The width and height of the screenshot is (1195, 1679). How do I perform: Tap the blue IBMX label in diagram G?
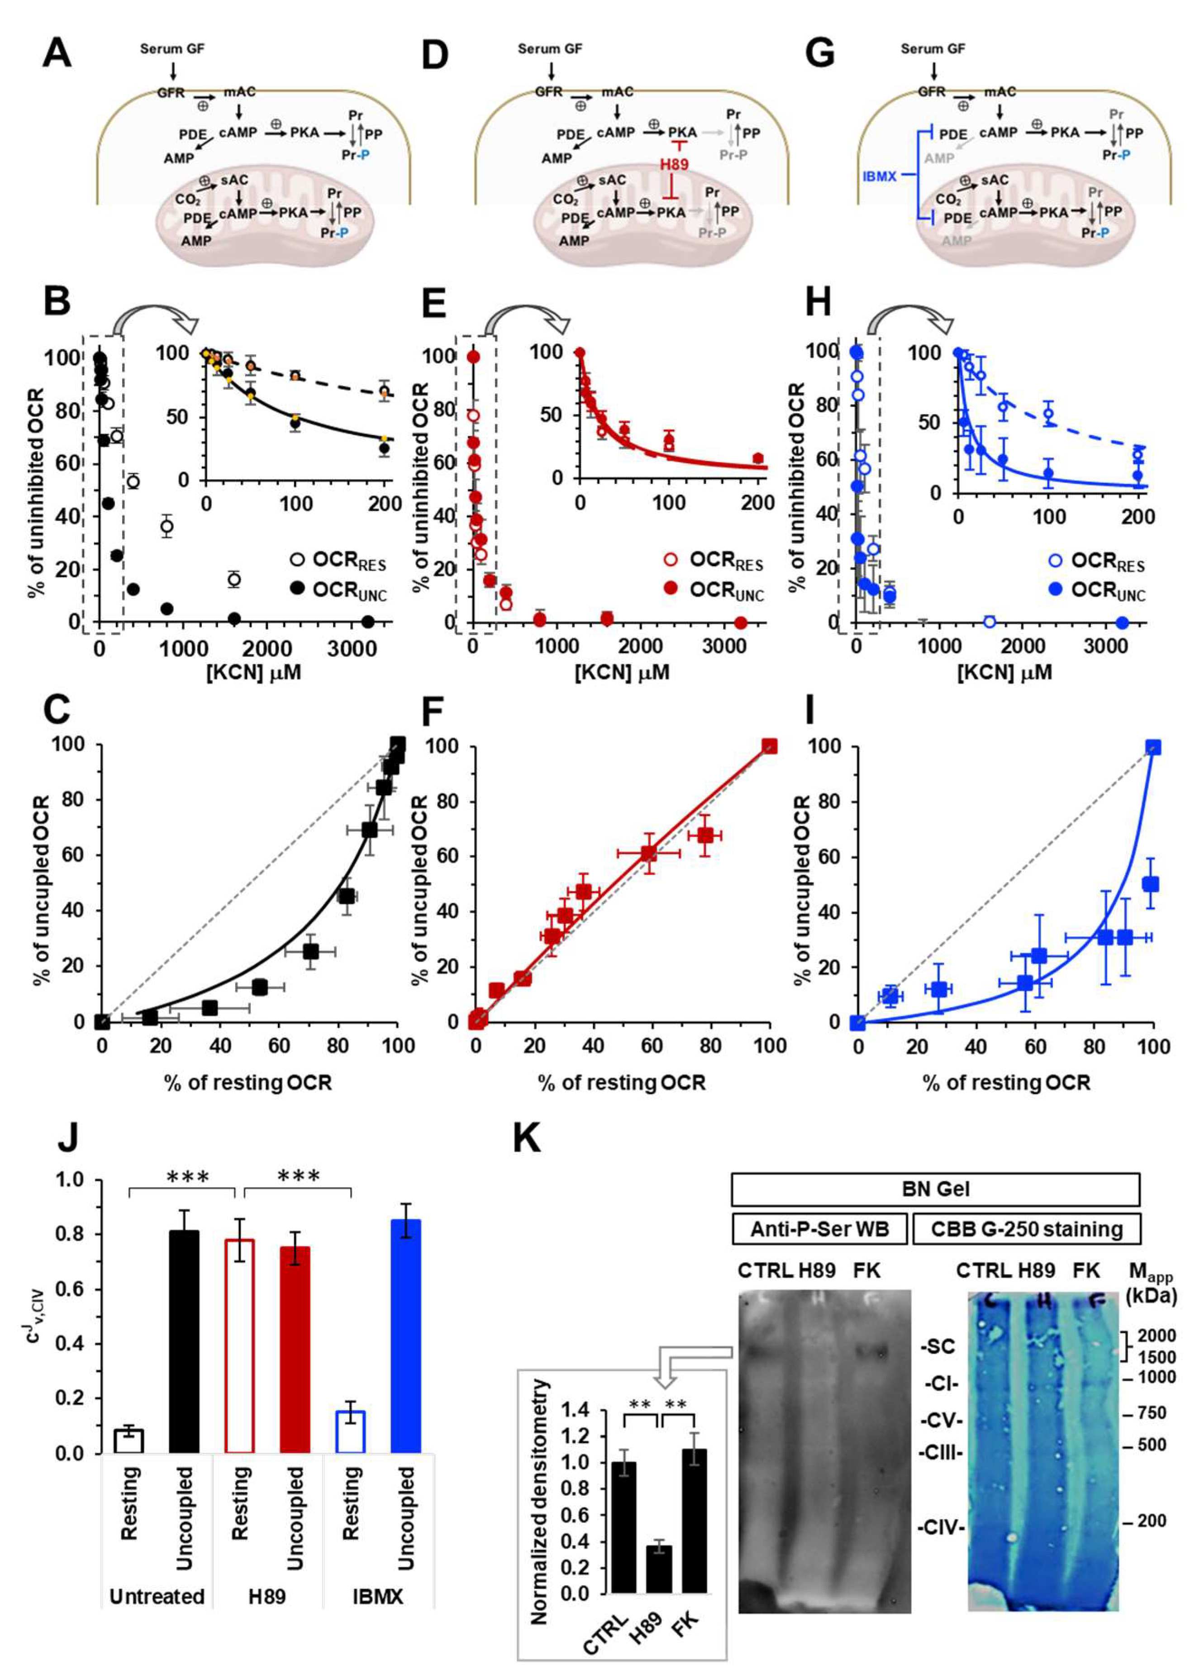(879, 176)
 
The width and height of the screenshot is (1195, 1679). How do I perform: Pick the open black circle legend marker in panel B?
(297, 559)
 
